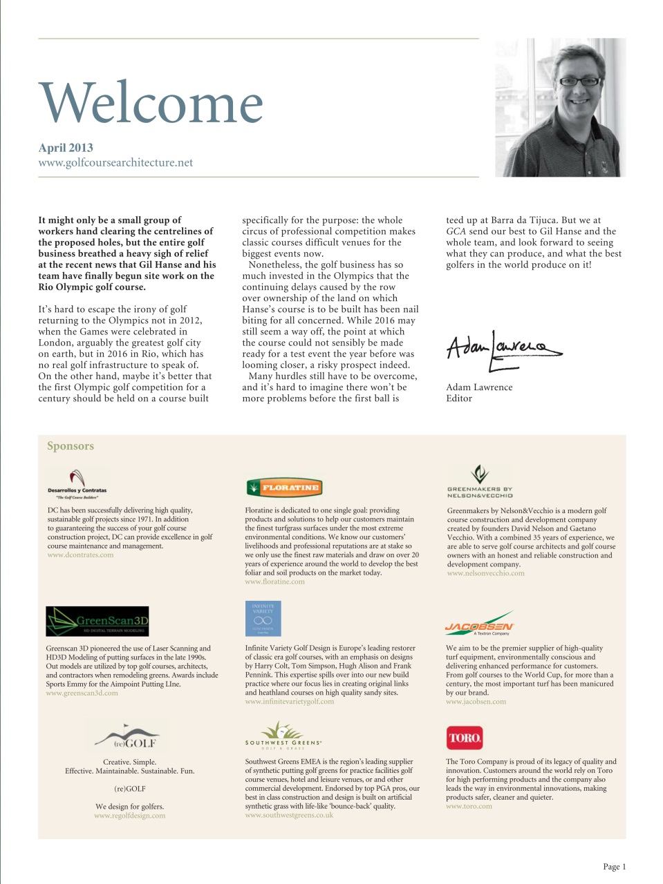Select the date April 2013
tap(66, 147)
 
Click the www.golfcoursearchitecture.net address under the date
tap(115, 163)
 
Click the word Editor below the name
tap(459, 398)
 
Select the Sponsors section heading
tap(70, 446)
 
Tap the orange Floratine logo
tap(284, 488)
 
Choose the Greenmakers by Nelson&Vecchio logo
tap(480, 482)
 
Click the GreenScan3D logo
tap(97, 621)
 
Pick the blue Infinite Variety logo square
tap(263, 619)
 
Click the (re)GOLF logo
tap(130, 737)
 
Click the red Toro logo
tap(464, 738)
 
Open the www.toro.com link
tap(469, 806)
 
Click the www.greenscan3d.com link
tap(82, 693)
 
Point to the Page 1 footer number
tap(614, 867)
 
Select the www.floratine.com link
tap(274, 582)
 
